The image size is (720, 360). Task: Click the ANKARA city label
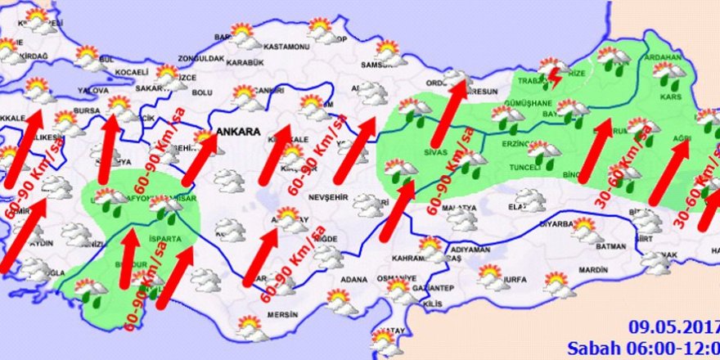238,131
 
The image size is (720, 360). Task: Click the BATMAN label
613,246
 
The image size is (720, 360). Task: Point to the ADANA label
355,279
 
